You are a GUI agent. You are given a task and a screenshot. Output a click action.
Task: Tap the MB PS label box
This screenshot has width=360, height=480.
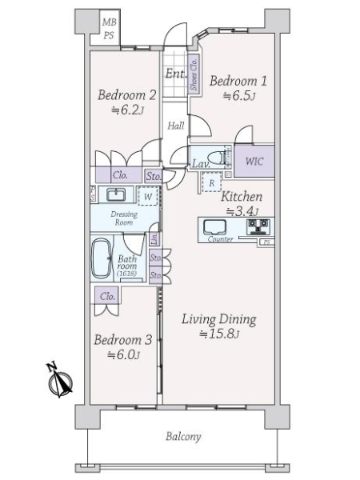109,28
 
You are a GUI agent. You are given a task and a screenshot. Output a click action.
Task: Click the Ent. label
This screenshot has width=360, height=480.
175,74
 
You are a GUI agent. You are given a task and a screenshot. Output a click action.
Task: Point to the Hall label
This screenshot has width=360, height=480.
176,126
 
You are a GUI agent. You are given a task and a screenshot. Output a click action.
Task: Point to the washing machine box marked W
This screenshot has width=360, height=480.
146,196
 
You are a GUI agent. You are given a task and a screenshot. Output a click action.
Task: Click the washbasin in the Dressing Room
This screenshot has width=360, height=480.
115,194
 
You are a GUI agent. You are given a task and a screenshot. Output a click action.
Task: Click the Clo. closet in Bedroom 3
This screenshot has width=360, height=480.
108,295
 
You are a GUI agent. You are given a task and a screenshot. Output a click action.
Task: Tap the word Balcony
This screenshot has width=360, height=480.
183,437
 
